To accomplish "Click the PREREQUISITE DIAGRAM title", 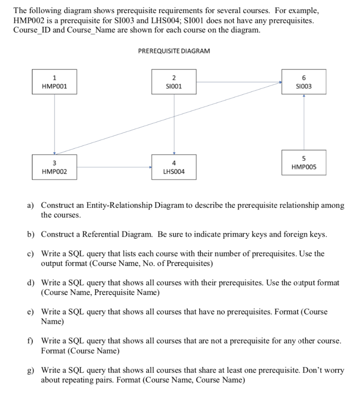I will coord(174,51).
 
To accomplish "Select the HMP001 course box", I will coord(54,81).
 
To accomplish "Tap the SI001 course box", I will coord(174,81).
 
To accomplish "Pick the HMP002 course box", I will coord(54,167).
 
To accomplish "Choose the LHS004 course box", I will coord(174,167).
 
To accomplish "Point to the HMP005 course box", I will coord(304,162).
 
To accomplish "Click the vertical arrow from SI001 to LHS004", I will coord(174,124).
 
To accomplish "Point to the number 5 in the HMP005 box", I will coord(304,158).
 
